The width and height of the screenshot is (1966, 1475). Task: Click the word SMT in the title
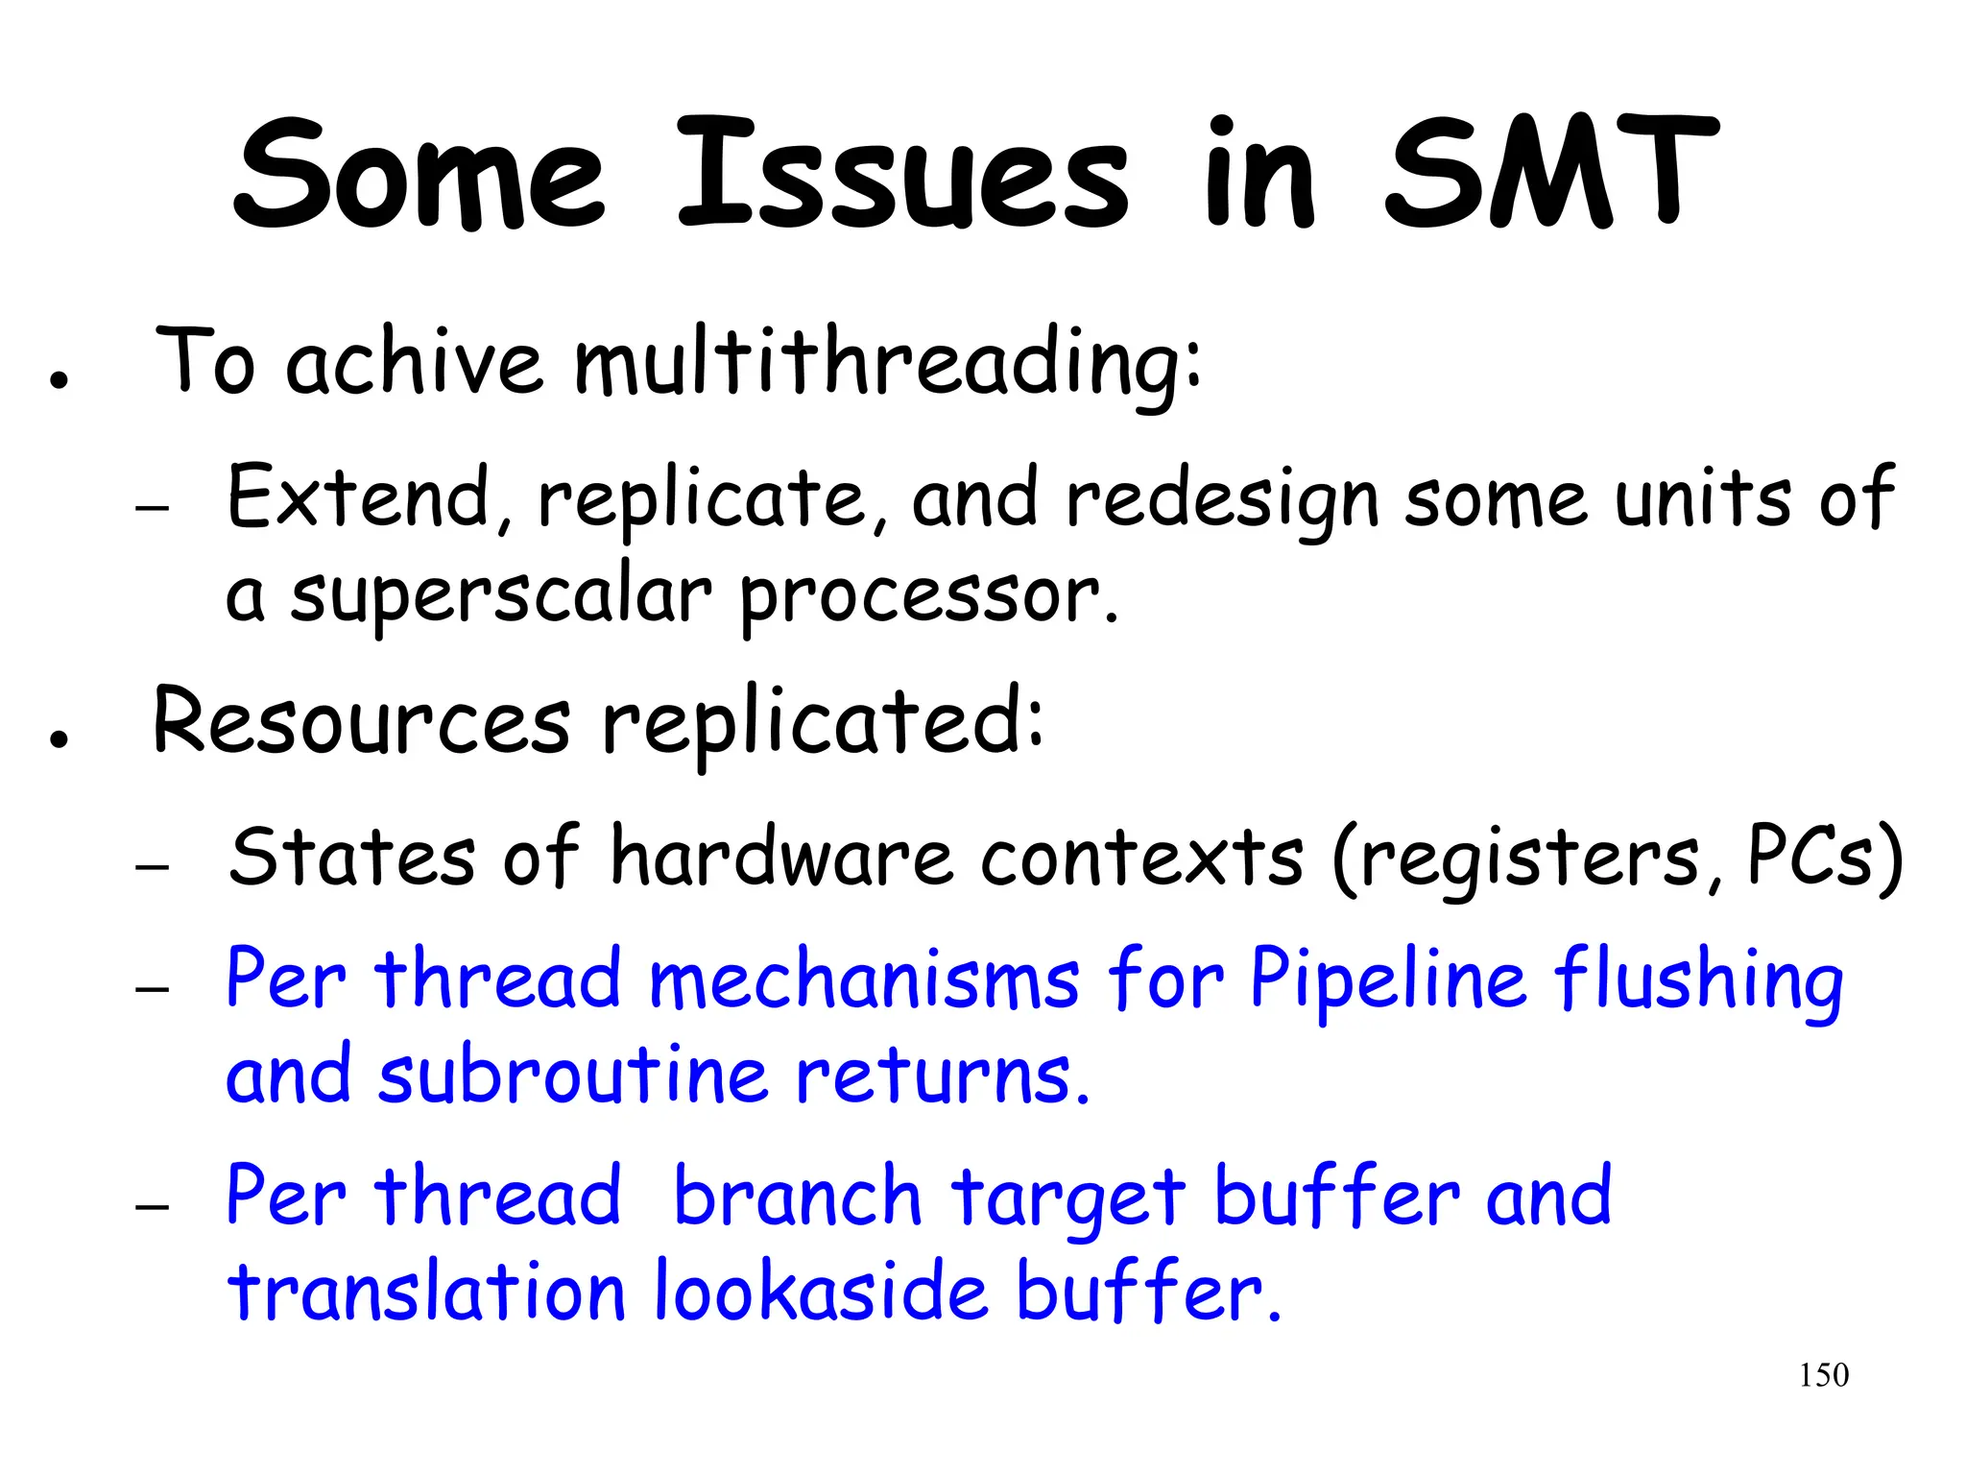(1549, 175)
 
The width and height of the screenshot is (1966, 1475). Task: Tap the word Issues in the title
(902, 175)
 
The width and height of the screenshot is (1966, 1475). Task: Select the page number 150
(1823, 1375)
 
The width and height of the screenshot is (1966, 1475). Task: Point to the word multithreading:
(887, 365)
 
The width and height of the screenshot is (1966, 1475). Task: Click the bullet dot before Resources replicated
(60, 739)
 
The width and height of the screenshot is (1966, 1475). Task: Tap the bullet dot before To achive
(60, 380)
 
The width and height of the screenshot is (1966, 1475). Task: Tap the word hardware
(781, 857)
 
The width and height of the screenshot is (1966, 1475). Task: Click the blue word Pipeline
(1387, 981)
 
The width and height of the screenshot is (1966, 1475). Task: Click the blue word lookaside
(821, 1292)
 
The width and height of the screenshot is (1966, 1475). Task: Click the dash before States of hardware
(153, 867)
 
